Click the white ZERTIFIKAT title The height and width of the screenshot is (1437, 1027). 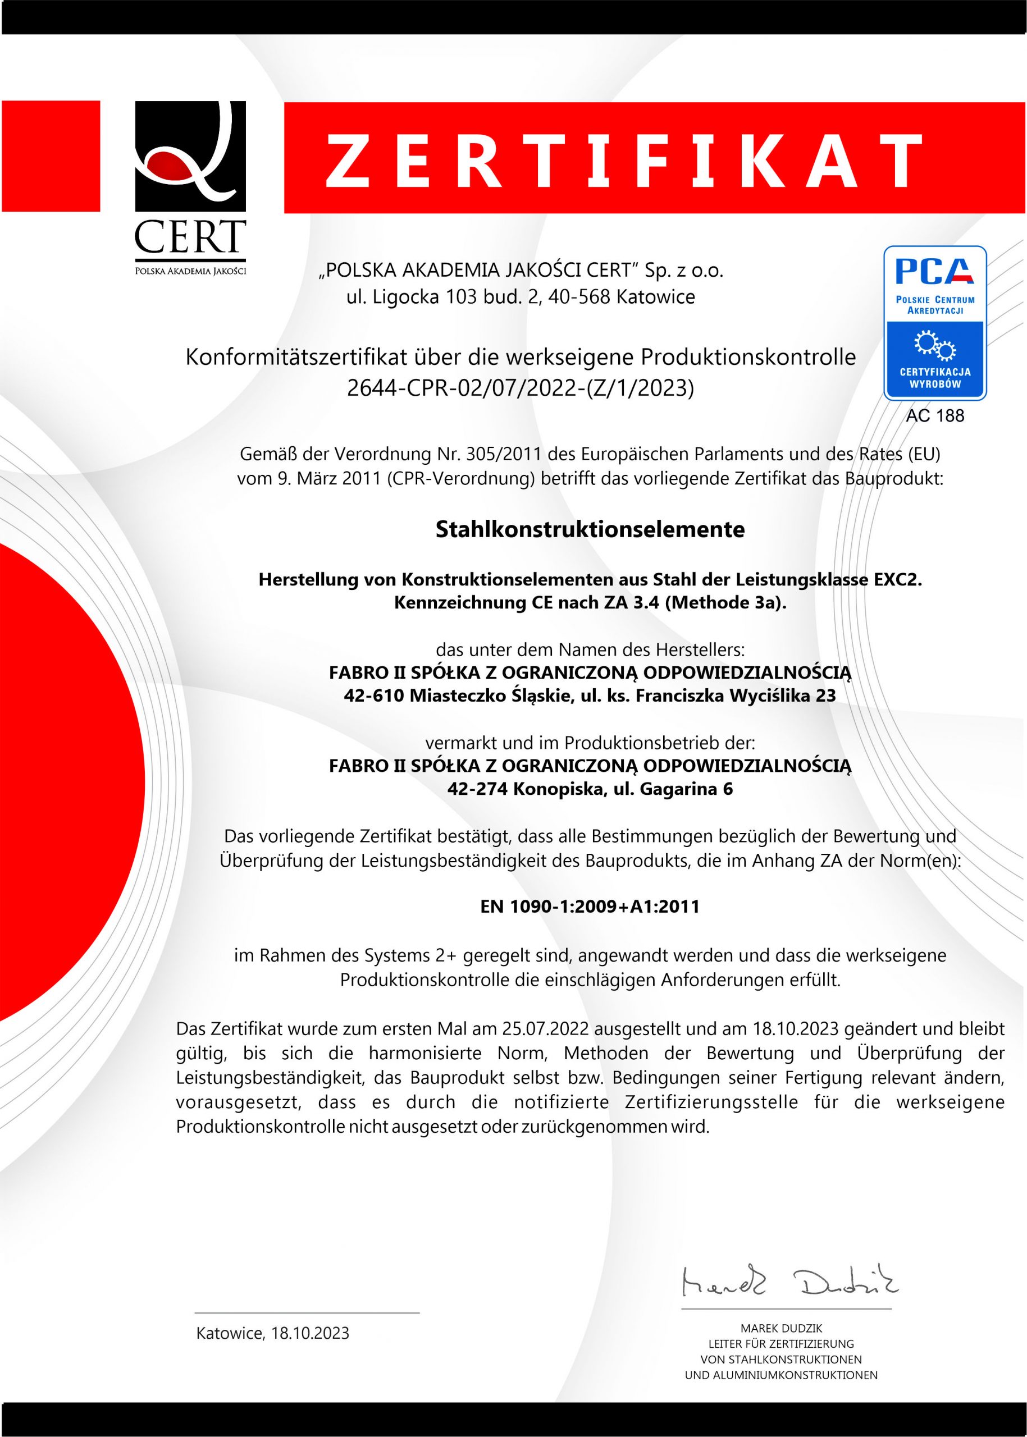tap(623, 161)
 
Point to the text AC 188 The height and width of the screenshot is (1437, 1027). tap(935, 415)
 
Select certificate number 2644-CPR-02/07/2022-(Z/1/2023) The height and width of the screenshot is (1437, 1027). tap(520, 387)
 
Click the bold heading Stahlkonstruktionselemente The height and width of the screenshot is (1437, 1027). tap(590, 529)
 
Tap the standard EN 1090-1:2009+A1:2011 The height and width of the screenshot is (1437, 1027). tap(590, 907)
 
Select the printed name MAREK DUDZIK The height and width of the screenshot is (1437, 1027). tap(781, 1328)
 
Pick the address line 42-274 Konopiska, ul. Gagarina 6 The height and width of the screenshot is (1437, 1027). tap(590, 789)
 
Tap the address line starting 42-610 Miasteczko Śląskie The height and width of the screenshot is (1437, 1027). tap(590, 695)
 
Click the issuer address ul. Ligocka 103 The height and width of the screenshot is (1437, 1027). tap(520, 296)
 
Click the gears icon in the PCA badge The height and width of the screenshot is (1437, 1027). tap(935, 345)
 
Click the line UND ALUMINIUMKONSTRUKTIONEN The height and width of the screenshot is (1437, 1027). tap(781, 1375)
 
